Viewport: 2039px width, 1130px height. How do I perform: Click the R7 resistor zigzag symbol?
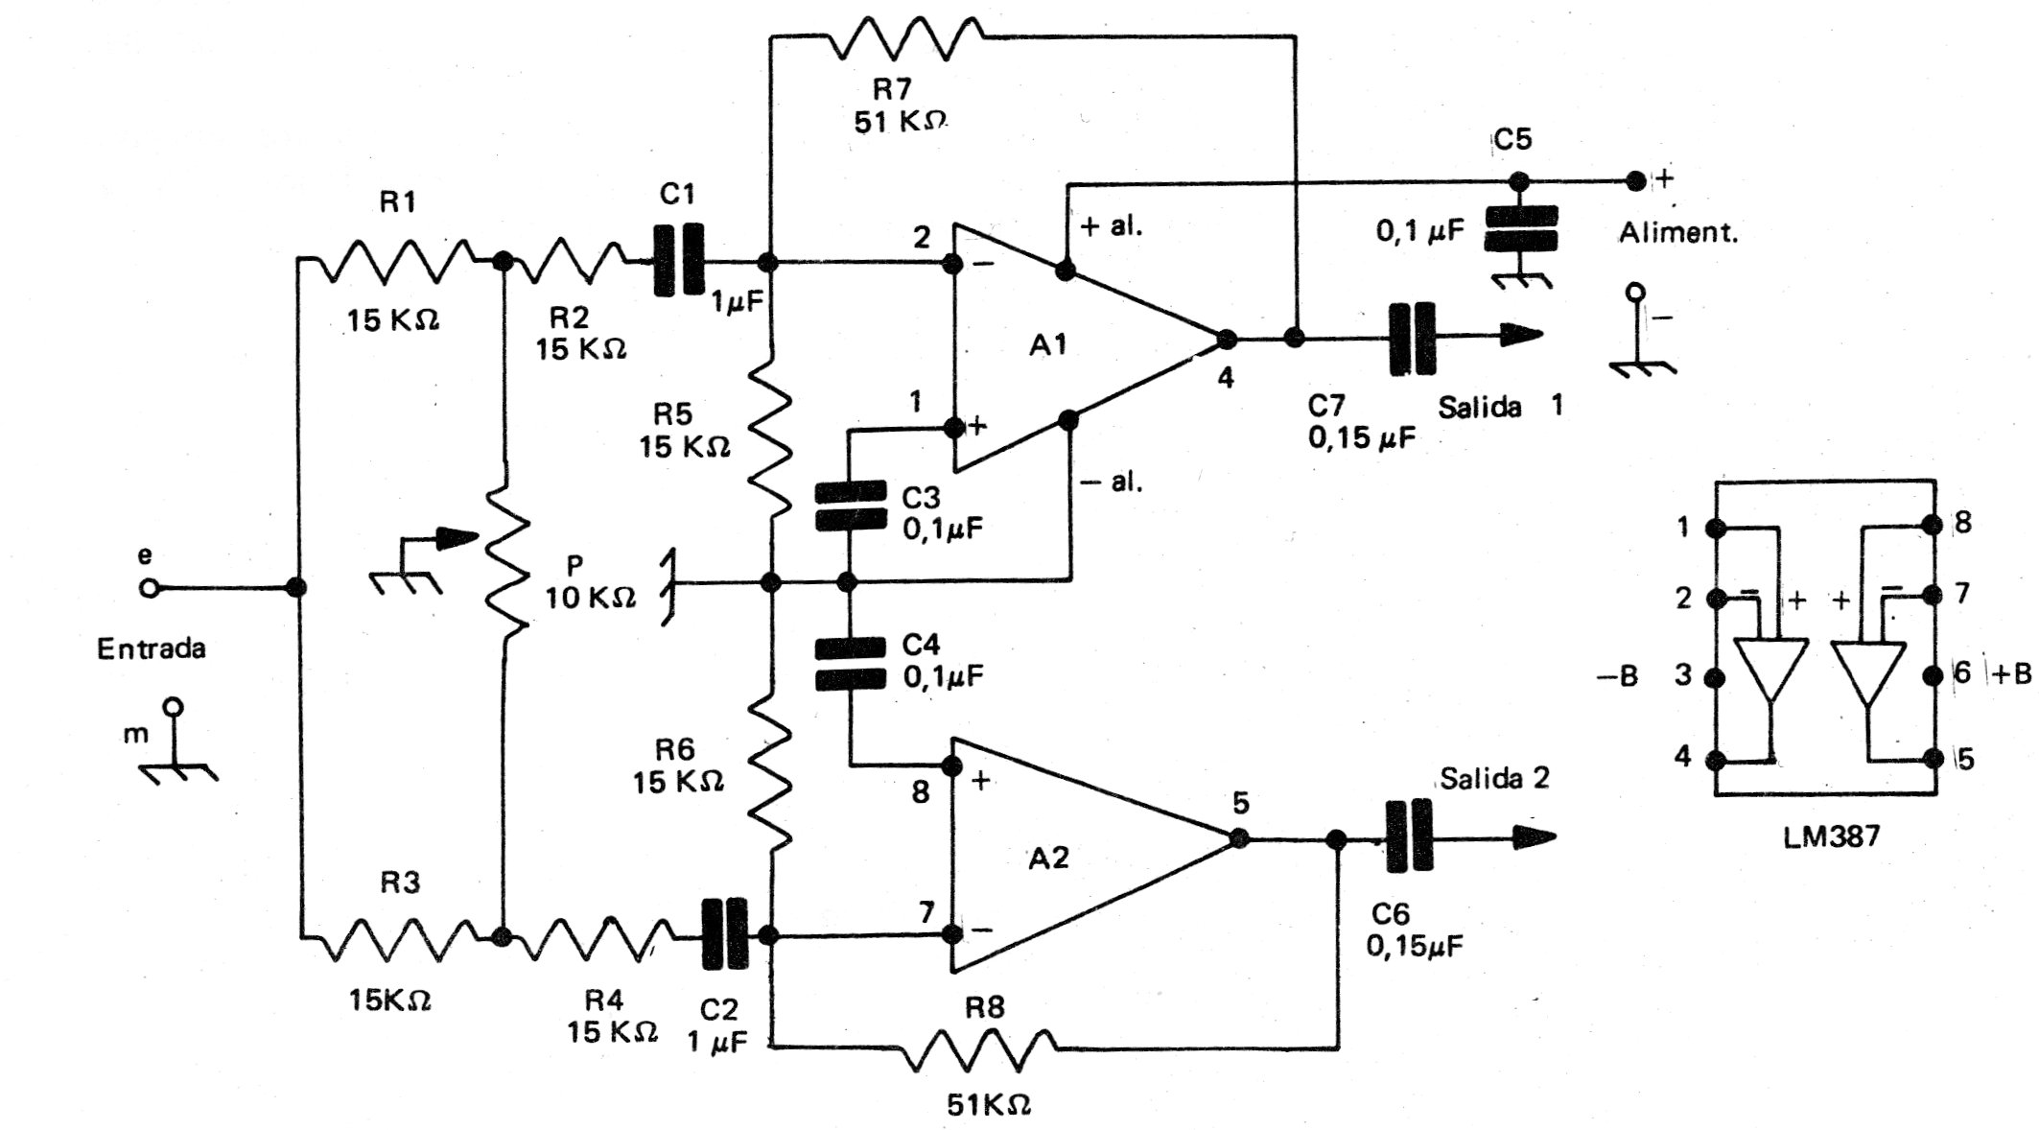[906, 39]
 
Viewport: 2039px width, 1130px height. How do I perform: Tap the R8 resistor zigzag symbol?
[979, 1050]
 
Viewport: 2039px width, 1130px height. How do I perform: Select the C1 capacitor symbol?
[679, 260]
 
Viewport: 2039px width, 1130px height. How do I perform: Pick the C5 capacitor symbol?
[1520, 228]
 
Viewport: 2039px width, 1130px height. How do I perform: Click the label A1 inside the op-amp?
[1047, 344]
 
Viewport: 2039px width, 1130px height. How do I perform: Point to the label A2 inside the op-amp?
[1048, 858]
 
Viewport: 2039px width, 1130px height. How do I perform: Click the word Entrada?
[152, 649]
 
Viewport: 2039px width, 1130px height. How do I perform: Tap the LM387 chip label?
[1832, 836]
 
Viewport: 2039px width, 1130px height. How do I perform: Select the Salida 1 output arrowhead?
[1522, 336]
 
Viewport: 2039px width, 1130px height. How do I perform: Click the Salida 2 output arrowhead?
[1534, 838]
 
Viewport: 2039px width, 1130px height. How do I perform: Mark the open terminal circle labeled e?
[148, 588]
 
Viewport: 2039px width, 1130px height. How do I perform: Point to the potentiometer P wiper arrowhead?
[457, 539]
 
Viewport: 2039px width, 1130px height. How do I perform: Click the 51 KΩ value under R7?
[900, 123]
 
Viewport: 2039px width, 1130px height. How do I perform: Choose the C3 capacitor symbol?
[850, 506]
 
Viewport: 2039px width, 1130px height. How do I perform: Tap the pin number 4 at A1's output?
[1225, 379]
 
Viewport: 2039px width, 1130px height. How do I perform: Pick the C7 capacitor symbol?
[1413, 338]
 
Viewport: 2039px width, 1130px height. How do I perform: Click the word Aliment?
[1678, 233]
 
